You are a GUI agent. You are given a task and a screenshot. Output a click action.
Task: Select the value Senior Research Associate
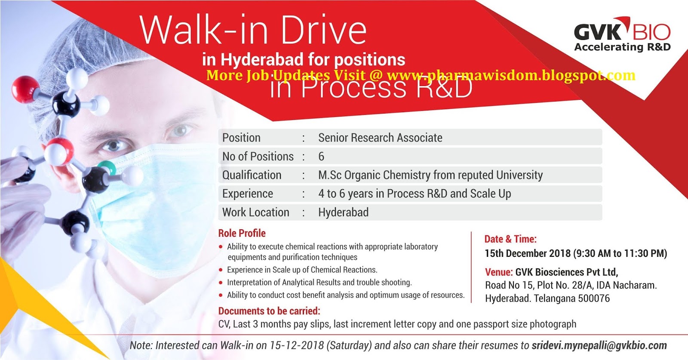380,138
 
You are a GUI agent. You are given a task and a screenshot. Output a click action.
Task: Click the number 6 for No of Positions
321,157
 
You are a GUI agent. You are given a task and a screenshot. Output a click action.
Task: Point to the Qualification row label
252,175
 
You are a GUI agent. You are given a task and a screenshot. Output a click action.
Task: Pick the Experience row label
247,194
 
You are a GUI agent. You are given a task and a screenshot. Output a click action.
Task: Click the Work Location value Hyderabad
343,212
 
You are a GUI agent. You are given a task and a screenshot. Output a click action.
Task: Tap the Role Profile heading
242,233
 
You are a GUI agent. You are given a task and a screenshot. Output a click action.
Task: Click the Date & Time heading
510,239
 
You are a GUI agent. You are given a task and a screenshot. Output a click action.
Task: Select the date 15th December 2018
527,253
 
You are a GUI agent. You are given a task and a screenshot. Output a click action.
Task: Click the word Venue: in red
499,272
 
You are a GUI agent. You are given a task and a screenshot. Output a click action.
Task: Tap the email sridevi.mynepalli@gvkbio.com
599,345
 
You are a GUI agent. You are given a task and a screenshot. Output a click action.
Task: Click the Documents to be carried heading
269,311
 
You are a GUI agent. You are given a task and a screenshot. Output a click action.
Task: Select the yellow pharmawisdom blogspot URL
511,75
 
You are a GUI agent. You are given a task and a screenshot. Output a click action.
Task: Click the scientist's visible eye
113,145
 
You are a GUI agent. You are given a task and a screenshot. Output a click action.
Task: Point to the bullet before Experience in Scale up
221,270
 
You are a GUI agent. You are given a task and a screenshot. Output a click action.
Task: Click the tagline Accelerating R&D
622,47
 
